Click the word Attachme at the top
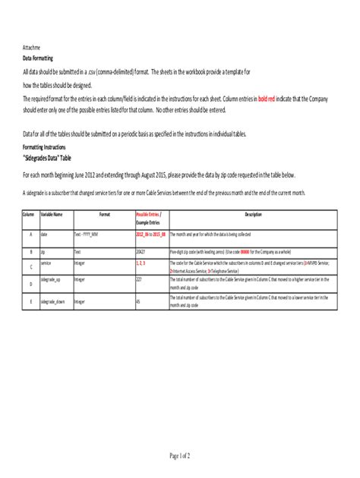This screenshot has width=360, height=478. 33,46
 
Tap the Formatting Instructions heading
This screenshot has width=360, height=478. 49,144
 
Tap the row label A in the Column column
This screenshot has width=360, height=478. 30,235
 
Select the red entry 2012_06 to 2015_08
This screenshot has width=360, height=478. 150,235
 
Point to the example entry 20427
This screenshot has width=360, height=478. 140,250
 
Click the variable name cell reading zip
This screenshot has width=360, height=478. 43,250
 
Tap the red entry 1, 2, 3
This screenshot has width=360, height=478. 141,262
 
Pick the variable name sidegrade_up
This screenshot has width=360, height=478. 51,279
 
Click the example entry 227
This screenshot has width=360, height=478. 139,279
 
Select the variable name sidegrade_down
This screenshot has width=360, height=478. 54,301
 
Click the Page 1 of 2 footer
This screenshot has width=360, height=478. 179,455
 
